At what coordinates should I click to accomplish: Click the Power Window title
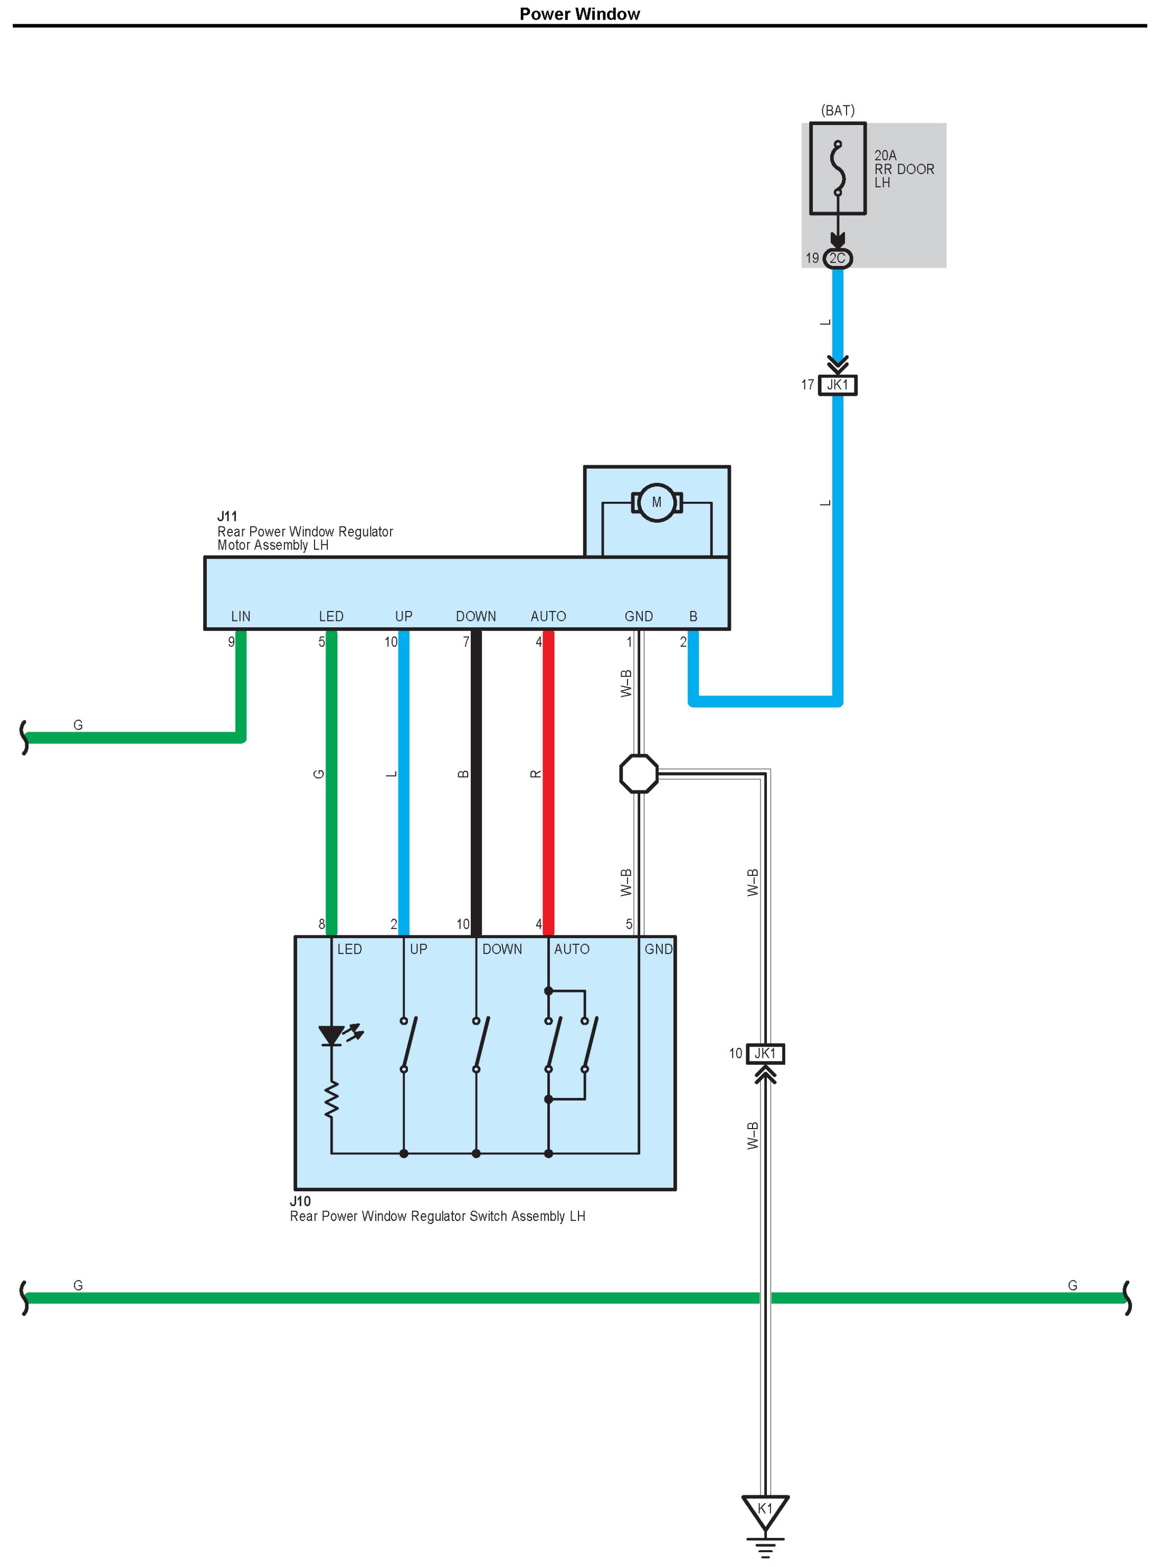coord(579,14)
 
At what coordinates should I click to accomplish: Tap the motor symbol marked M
coord(657,502)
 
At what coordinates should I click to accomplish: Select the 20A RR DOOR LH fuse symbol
coord(838,168)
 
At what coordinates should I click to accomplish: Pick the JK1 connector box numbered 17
coord(838,385)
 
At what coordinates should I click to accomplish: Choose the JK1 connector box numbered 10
coord(765,1054)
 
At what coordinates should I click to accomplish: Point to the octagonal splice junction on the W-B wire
coord(639,773)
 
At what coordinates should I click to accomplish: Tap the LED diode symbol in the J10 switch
coord(331,1035)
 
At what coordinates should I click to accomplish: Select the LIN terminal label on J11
coord(241,617)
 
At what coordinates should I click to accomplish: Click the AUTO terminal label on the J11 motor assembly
coord(548,617)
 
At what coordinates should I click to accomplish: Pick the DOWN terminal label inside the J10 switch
coord(502,949)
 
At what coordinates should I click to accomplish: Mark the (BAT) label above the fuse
coord(838,111)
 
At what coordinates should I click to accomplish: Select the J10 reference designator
coord(300,1201)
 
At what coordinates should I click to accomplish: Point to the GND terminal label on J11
coord(639,617)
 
